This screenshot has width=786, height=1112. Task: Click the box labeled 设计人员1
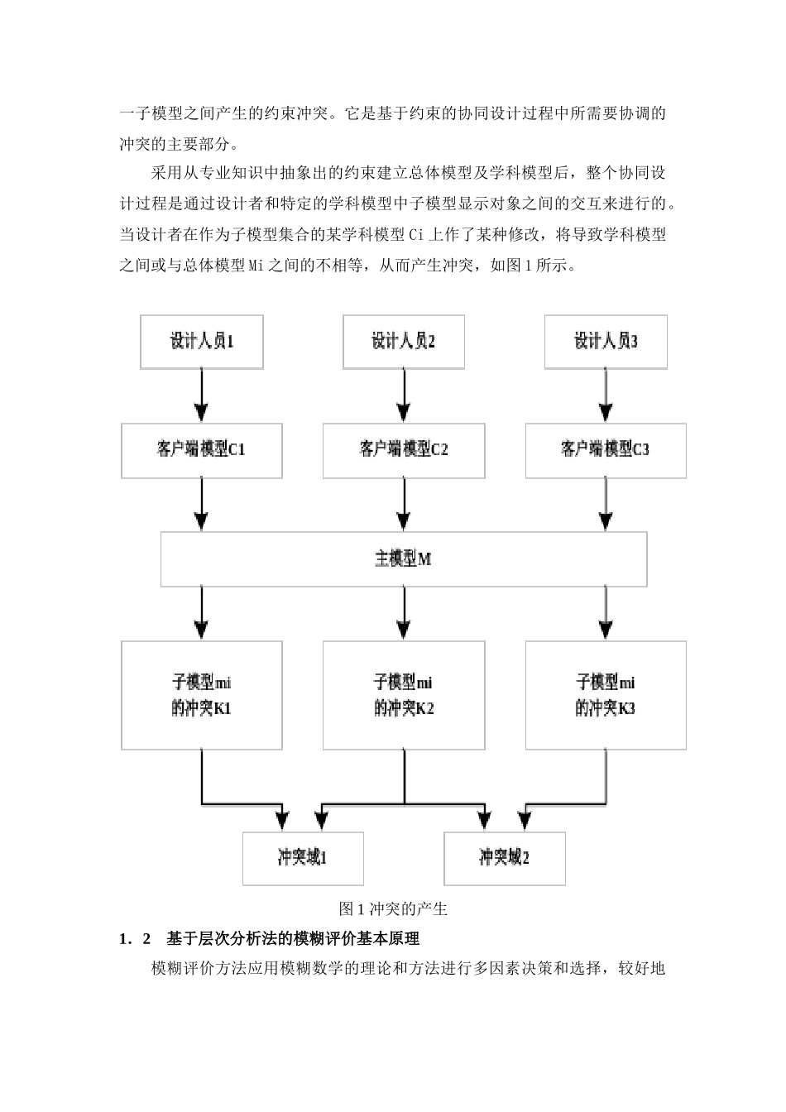tap(202, 341)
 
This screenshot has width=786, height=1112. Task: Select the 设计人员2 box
tap(403, 341)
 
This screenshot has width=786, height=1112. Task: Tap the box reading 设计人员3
tap(606, 341)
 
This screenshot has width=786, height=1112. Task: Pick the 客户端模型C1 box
tap(201, 450)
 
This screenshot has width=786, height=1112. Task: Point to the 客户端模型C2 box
tap(403, 450)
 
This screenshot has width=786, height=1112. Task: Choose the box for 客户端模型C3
tap(606, 450)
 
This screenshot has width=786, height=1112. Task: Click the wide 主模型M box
tap(403, 559)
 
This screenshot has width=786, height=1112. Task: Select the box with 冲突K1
tap(201, 695)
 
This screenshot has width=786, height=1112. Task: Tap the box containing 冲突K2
tap(403, 695)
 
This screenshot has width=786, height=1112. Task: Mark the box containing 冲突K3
tap(606, 695)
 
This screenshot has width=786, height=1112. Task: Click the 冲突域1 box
tap(303, 858)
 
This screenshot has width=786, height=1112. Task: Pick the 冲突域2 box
tap(505, 858)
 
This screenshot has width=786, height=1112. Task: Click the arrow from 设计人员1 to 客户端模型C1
tap(202, 395)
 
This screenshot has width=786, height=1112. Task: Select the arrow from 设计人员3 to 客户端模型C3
tap(606, 395)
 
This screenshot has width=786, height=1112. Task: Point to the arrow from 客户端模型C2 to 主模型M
tap(404, 505)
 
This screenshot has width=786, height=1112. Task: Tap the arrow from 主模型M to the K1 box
tap(202, 613)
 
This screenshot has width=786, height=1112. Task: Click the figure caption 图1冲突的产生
tap(393, 909)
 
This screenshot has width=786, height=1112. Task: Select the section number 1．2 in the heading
tap(136, 939)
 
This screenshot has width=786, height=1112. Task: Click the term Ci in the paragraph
tap(416, 234)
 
